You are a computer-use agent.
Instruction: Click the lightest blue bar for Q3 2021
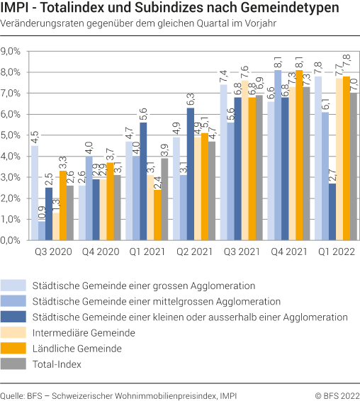(x=223, y=162)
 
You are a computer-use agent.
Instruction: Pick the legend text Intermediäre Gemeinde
(x=83, y=332)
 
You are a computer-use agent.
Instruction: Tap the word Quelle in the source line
(x=13, y=393)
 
